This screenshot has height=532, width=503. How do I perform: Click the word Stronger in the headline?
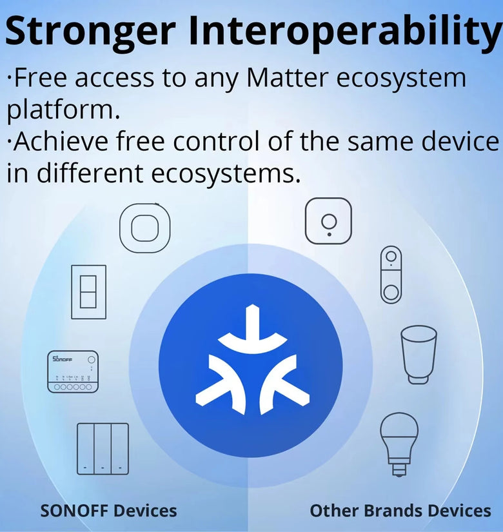(x=90, y=32)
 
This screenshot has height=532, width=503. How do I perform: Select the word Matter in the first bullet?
(x=287, y=77)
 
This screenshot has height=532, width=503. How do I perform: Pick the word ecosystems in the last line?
(x=226, y=173)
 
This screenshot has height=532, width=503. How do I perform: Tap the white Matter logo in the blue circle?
(x=252, y=360)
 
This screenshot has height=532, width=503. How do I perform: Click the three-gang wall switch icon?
(x=103, y=449)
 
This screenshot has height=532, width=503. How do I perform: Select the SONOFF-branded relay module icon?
(x=73, y=371)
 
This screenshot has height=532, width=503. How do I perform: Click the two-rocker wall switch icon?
(x=88, y=291)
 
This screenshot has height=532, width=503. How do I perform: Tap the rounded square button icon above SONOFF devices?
(x=145, y=228)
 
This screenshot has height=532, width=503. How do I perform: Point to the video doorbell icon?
(x=391, y=275)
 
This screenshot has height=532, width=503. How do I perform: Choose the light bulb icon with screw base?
(x=399, y=444)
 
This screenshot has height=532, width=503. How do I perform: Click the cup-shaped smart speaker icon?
(x=419, y=355)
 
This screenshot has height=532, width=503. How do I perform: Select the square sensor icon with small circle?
(x=328, y=221)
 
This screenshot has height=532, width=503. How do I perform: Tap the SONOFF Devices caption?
(x=108, y=511)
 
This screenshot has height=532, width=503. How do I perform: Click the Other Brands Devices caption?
(x=400, y=511)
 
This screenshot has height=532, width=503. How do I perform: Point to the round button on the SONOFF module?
(x=92, y=360)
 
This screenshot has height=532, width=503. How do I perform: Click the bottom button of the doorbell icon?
(x=391, y=292)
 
